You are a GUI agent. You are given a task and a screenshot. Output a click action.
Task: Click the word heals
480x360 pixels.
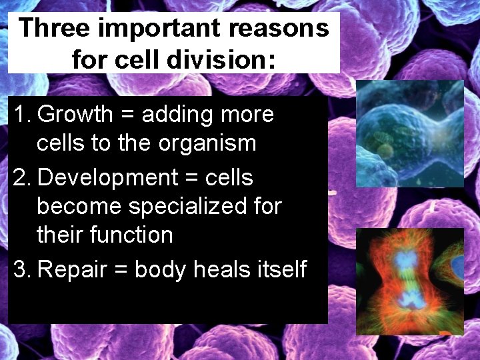(x=222, y=269)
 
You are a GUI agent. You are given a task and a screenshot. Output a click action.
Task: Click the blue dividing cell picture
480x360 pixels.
(x=409, y=134)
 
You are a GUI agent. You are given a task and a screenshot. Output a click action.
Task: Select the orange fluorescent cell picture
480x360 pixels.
(x=409, y=281)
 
